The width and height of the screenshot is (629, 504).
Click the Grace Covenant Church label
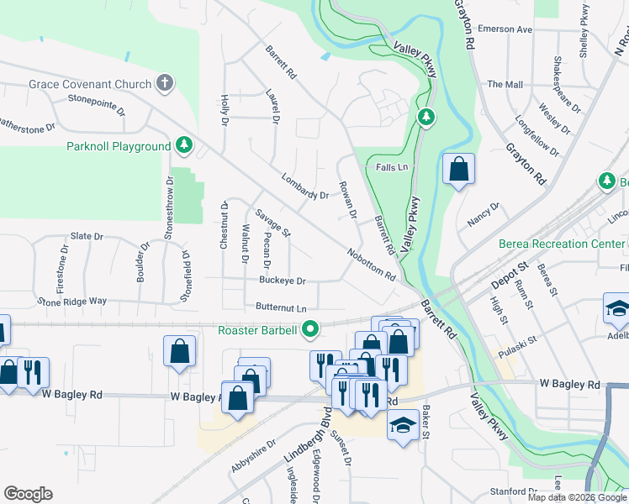90,84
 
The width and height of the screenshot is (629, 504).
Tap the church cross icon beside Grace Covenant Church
165,83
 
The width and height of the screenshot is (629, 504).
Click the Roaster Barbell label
256,330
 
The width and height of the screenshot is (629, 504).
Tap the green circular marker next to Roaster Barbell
310,330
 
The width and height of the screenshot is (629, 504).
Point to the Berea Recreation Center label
563,244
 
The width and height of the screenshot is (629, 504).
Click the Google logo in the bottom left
28,493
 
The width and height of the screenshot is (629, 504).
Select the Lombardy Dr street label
304,189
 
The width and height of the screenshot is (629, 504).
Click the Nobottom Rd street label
371,263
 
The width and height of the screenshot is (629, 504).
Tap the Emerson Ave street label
505,29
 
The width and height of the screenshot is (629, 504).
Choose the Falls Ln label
392,167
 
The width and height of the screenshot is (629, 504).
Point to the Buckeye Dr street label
282,281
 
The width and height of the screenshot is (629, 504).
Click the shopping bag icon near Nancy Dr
459,170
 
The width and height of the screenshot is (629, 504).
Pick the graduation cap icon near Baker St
403,424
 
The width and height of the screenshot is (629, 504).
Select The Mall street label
505,85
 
